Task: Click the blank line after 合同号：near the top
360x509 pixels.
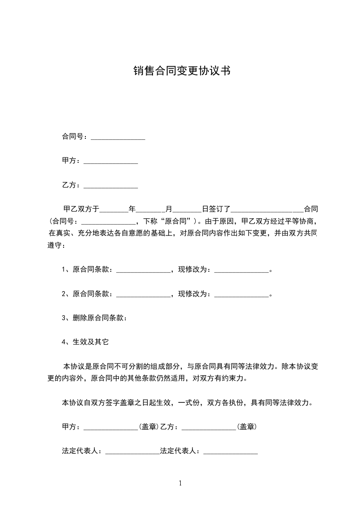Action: coord(118,137)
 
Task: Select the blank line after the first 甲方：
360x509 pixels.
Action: coord(111,162)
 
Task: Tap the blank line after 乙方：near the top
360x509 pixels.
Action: coord(111,186)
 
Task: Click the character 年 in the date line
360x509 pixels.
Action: coord(133,210)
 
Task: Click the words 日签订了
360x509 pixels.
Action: coord(217,210)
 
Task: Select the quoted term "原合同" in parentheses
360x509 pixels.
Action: coord(178,222)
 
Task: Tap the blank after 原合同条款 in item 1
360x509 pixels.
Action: coord(143,270)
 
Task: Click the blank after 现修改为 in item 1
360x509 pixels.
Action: coord(242,270)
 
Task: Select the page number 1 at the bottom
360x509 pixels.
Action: coord(180,484)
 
